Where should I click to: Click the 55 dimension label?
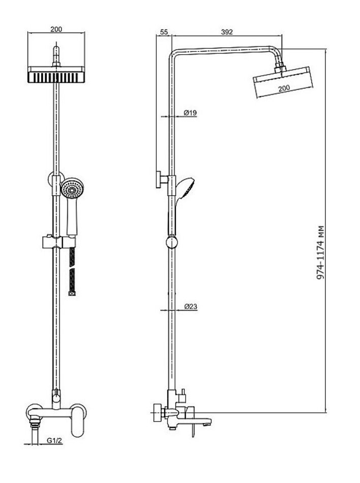click(x=164, y=32)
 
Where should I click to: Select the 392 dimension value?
click(x=227, y=32)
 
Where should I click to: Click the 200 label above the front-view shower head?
click(x=56, y=29)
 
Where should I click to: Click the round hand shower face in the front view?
click(x=72, y=189)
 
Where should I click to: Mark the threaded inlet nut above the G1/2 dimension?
click(x=34, y=418)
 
